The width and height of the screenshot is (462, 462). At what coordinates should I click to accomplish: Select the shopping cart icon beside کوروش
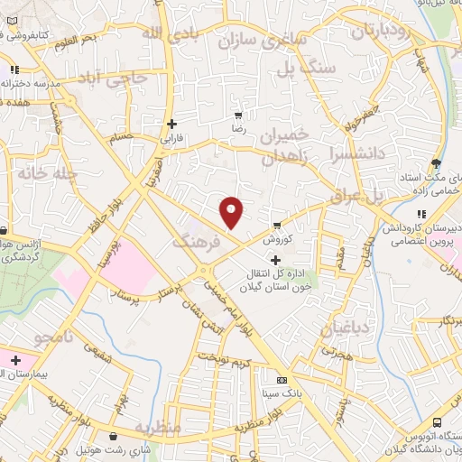277,226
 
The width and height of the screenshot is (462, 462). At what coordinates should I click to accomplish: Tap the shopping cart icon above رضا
238,115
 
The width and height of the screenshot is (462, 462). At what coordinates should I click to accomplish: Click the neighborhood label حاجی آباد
113,78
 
